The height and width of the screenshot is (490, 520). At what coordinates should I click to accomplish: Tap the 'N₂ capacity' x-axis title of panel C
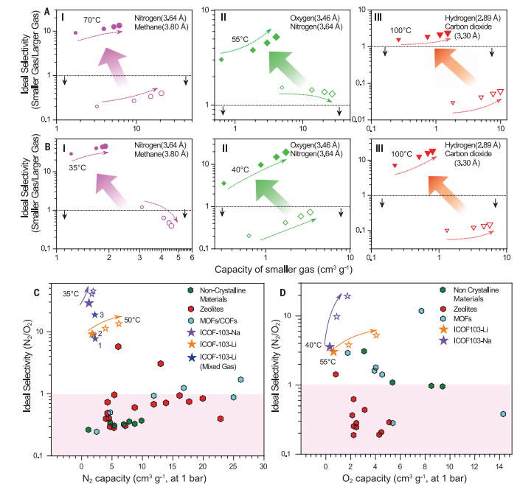pos(153,480)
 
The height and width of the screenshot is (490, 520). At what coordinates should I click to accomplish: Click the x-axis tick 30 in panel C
pos(263,466)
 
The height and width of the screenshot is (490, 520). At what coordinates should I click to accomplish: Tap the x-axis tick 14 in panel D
pos(503,466)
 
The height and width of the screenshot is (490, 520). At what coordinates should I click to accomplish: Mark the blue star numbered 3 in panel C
pos(95,315)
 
